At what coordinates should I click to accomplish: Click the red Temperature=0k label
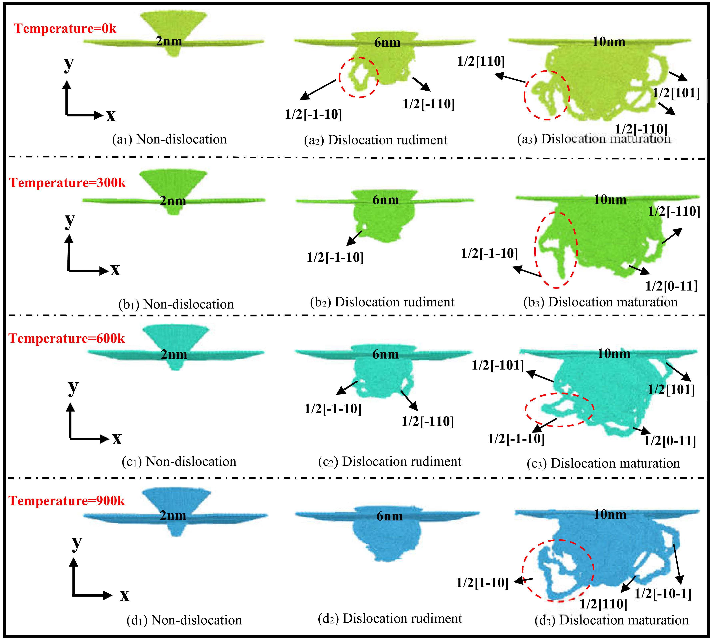point(65,29)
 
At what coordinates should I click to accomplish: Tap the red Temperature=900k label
point(67,501)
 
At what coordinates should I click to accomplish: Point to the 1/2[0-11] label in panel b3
point(671,286)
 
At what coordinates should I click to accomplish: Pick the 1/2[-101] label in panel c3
point(498,365)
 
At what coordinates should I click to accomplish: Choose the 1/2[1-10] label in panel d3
point(482,583)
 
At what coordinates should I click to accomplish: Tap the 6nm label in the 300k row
point(386,200)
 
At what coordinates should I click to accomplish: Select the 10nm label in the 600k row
point(614,354)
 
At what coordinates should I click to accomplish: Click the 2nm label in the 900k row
point(173,516)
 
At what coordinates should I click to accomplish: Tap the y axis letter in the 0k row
point(69,64)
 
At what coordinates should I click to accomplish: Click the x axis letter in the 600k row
point(117,439)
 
